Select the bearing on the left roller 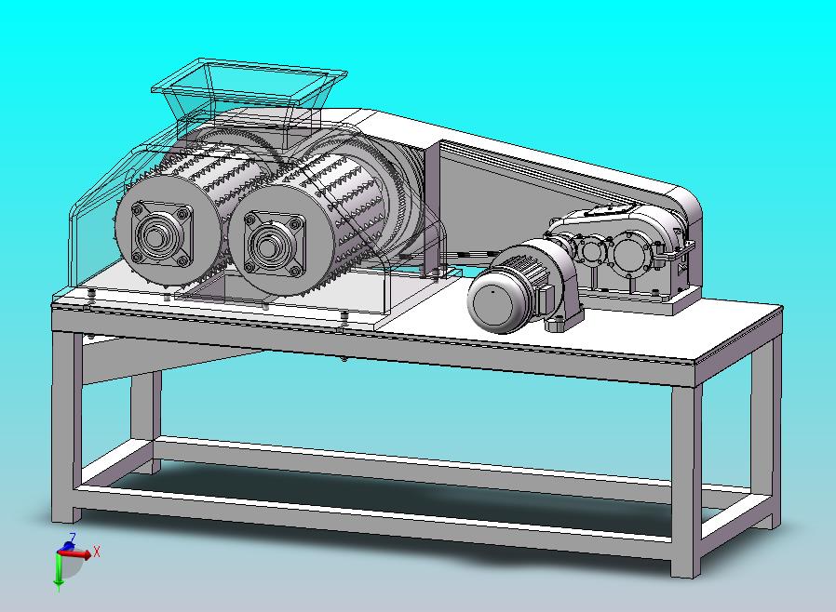[x=158, y=233]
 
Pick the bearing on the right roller [x=274, y=244]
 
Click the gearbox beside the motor [x=624, y=250]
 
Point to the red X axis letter [x=97, y=552]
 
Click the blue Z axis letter [x=73, y=537]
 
